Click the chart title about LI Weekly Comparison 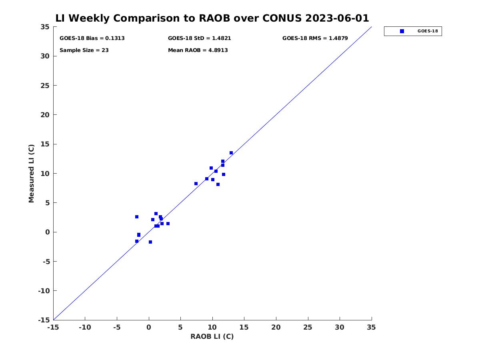coord(212,18)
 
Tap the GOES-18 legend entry coord(413,31)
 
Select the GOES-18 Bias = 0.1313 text coord(92,38)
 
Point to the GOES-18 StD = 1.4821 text coord(199,38)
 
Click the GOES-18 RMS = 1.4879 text coord(315,38)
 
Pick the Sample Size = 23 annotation coord(84,50)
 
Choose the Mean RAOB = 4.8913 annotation coord(198,50)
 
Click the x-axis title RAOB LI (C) coord(212,336)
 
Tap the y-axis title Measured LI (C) coord(31,173)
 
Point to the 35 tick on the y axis coord(45,27)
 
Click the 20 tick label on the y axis coord(45,115)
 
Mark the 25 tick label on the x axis coord(308,328)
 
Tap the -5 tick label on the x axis coord(117,328)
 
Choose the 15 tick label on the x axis coord(244,328)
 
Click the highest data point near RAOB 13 coord(231,153)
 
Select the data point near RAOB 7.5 coord(196,184)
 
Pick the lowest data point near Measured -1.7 coord(150,242)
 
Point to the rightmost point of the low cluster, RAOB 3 coord(168,224)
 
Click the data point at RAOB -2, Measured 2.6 coord(137,217)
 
